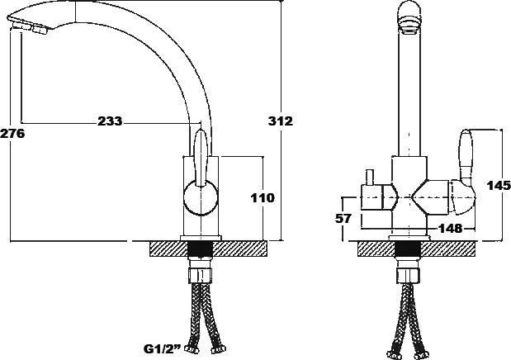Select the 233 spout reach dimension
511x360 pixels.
pos(110,121)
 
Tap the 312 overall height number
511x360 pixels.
pos(282,121)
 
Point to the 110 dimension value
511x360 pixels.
pos(263,197)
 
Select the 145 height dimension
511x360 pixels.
pos(498,186)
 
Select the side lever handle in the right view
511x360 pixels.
pos(465,157)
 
